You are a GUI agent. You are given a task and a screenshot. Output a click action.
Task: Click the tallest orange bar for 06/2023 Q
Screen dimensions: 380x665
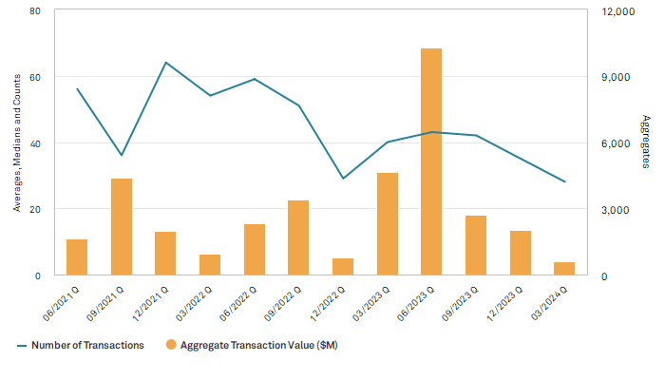pos(432,161)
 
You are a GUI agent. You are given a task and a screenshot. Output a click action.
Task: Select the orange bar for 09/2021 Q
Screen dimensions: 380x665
pos(122,227)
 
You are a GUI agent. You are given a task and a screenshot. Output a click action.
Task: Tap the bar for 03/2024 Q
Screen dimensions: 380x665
pos(565,269)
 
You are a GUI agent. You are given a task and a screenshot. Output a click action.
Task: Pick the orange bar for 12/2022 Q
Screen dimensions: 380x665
pos(343,267)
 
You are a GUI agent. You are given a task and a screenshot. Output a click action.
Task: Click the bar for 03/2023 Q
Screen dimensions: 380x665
pos(388,224)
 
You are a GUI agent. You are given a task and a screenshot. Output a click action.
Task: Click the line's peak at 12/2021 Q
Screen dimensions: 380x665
pos(166,63)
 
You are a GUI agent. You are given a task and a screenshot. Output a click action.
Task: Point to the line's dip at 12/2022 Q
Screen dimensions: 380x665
pos(343,179)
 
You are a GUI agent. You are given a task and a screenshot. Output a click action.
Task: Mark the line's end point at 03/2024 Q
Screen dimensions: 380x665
pos(565,181)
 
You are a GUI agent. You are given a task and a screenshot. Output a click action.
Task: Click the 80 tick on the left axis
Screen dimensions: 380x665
pos(34,11)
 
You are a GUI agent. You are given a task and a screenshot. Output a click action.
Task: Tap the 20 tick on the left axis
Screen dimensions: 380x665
pos(34,209)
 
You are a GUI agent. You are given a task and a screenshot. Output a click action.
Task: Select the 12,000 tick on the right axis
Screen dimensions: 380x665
pos(606,11)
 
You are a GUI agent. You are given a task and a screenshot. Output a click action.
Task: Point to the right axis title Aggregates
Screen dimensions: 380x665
pos(646,143)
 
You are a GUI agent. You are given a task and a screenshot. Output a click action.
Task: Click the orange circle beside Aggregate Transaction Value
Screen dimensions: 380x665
pos(172,345)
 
